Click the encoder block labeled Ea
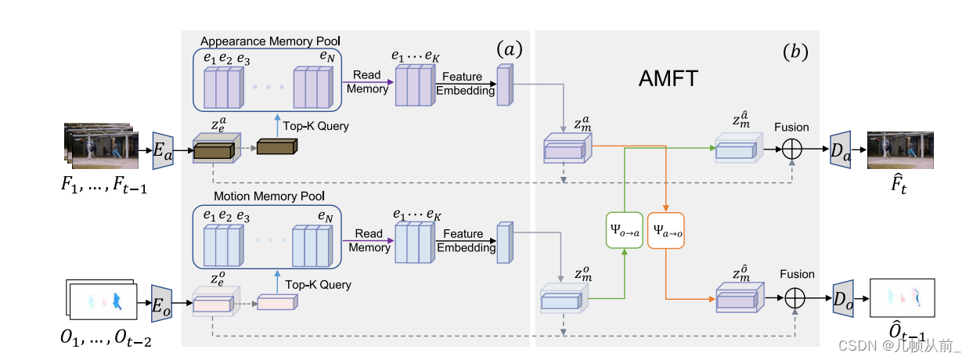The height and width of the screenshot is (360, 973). coord(163,148)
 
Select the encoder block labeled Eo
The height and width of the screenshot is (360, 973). coord(161,304)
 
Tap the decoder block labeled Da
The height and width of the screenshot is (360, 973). coord(841,148)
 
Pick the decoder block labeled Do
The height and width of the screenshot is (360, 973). coord(843,300)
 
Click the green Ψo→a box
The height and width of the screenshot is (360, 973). coord(625,231)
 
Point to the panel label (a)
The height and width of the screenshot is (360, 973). coord(509,50)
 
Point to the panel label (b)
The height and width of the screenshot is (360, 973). coord(795,52)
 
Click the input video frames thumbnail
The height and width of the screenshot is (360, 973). coord(101,145)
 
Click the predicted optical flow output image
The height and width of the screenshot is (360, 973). coord(903,298)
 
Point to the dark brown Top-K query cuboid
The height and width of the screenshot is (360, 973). coord(276,147)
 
